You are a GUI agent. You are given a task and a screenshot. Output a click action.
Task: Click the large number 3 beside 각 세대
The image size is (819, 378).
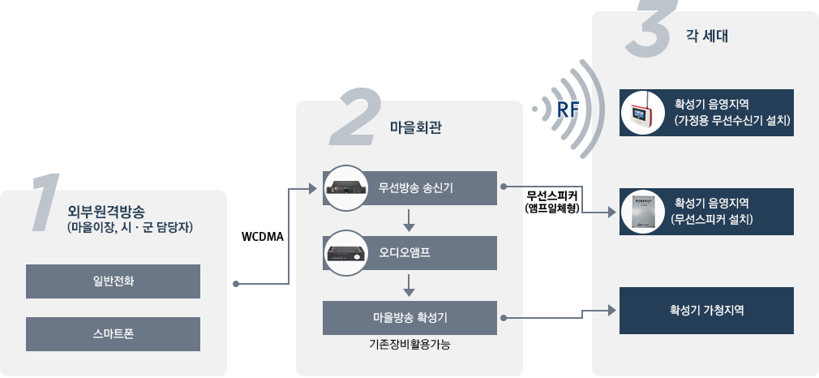(652, 31)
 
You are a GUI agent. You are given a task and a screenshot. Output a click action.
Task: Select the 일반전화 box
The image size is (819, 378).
(113, 281)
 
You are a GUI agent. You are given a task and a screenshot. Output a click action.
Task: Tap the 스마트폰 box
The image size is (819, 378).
(113, 333)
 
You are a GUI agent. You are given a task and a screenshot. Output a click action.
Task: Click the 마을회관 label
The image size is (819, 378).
(415, 127)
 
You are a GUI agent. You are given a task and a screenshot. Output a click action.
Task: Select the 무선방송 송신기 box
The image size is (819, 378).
(410, 187)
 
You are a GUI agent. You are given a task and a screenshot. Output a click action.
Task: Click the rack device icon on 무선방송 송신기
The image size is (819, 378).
(346, 188)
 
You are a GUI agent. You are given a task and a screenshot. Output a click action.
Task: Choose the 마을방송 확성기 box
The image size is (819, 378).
(410, 317)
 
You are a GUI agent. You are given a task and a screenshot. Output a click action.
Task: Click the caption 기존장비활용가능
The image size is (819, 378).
(409, 345)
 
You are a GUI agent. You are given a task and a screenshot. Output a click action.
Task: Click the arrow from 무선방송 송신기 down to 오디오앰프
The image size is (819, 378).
(409, 219)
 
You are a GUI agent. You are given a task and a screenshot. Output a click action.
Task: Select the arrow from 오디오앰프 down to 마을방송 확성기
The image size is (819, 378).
(409, 284)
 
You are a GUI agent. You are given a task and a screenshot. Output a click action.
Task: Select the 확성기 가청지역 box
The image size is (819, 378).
(706, 310)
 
